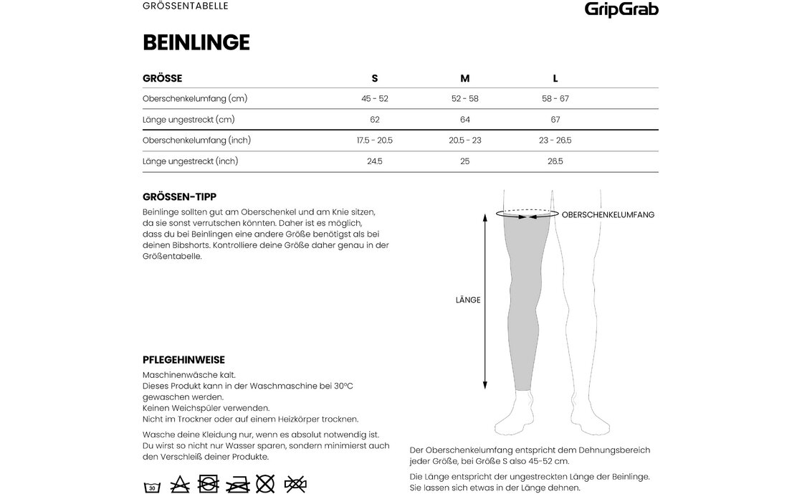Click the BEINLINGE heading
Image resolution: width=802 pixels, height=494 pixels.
click(x=196, y=43)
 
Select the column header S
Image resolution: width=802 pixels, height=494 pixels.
click(x=374, y=78)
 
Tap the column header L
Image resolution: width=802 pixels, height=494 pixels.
click(x=555, y=78)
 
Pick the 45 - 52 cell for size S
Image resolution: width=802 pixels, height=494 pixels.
click(x=374, y=98)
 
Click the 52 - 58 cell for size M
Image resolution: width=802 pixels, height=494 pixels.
click(x=464, y=98)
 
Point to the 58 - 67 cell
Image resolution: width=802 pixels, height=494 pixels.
click(x=555, y=98)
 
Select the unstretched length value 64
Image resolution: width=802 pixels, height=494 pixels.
click(x=464, y=120)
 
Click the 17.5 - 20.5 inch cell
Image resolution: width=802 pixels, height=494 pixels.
click(x=374, y=141)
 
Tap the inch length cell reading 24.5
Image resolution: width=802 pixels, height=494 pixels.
click(x=374, y=161)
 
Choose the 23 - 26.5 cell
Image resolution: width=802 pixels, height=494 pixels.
click(x=555, y=141)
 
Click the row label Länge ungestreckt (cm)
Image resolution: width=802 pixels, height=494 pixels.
click(x=188, y=120)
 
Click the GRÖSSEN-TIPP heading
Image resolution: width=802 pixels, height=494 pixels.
click(x=180, y=196)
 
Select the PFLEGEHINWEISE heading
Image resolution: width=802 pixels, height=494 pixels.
click(x=184, y=359)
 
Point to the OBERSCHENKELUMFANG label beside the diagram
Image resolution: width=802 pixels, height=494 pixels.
click(x=608, y=214)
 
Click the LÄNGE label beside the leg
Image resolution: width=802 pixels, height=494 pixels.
click(x=467, y=300)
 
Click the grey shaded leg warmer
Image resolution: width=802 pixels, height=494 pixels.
click(x=527, y=301)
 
